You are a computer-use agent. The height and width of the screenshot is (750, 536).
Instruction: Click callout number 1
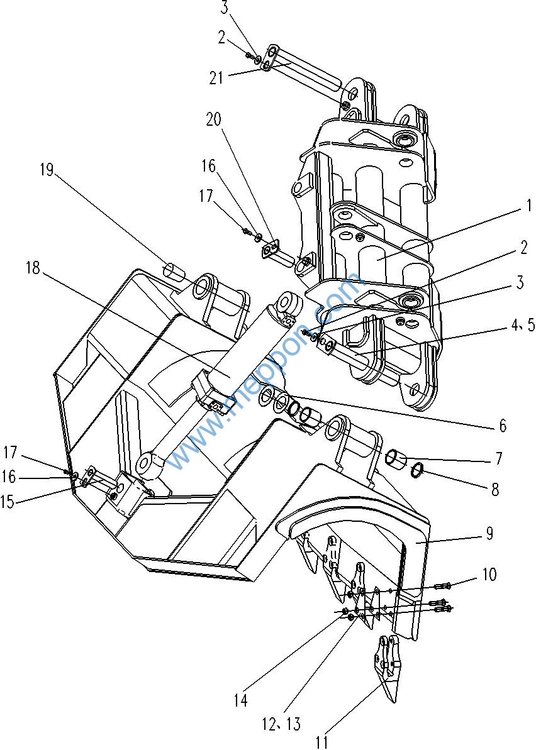[x=529, y=206]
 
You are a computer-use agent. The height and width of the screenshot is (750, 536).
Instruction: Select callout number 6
[x=503, y=426]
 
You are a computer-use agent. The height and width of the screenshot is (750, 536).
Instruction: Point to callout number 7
[x=498, y=459]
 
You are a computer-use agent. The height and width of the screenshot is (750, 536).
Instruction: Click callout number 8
[x=495, y=489]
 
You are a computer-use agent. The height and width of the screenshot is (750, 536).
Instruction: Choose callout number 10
[x=489, y=575]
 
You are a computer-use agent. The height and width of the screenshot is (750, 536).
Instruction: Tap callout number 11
[x=321, y=742]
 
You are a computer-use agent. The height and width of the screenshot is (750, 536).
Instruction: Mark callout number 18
[x=33, y=268]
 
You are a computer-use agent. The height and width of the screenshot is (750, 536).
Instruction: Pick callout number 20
[x=214, y=119]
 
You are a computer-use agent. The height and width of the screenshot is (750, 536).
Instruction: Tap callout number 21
[x=217, y=78]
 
